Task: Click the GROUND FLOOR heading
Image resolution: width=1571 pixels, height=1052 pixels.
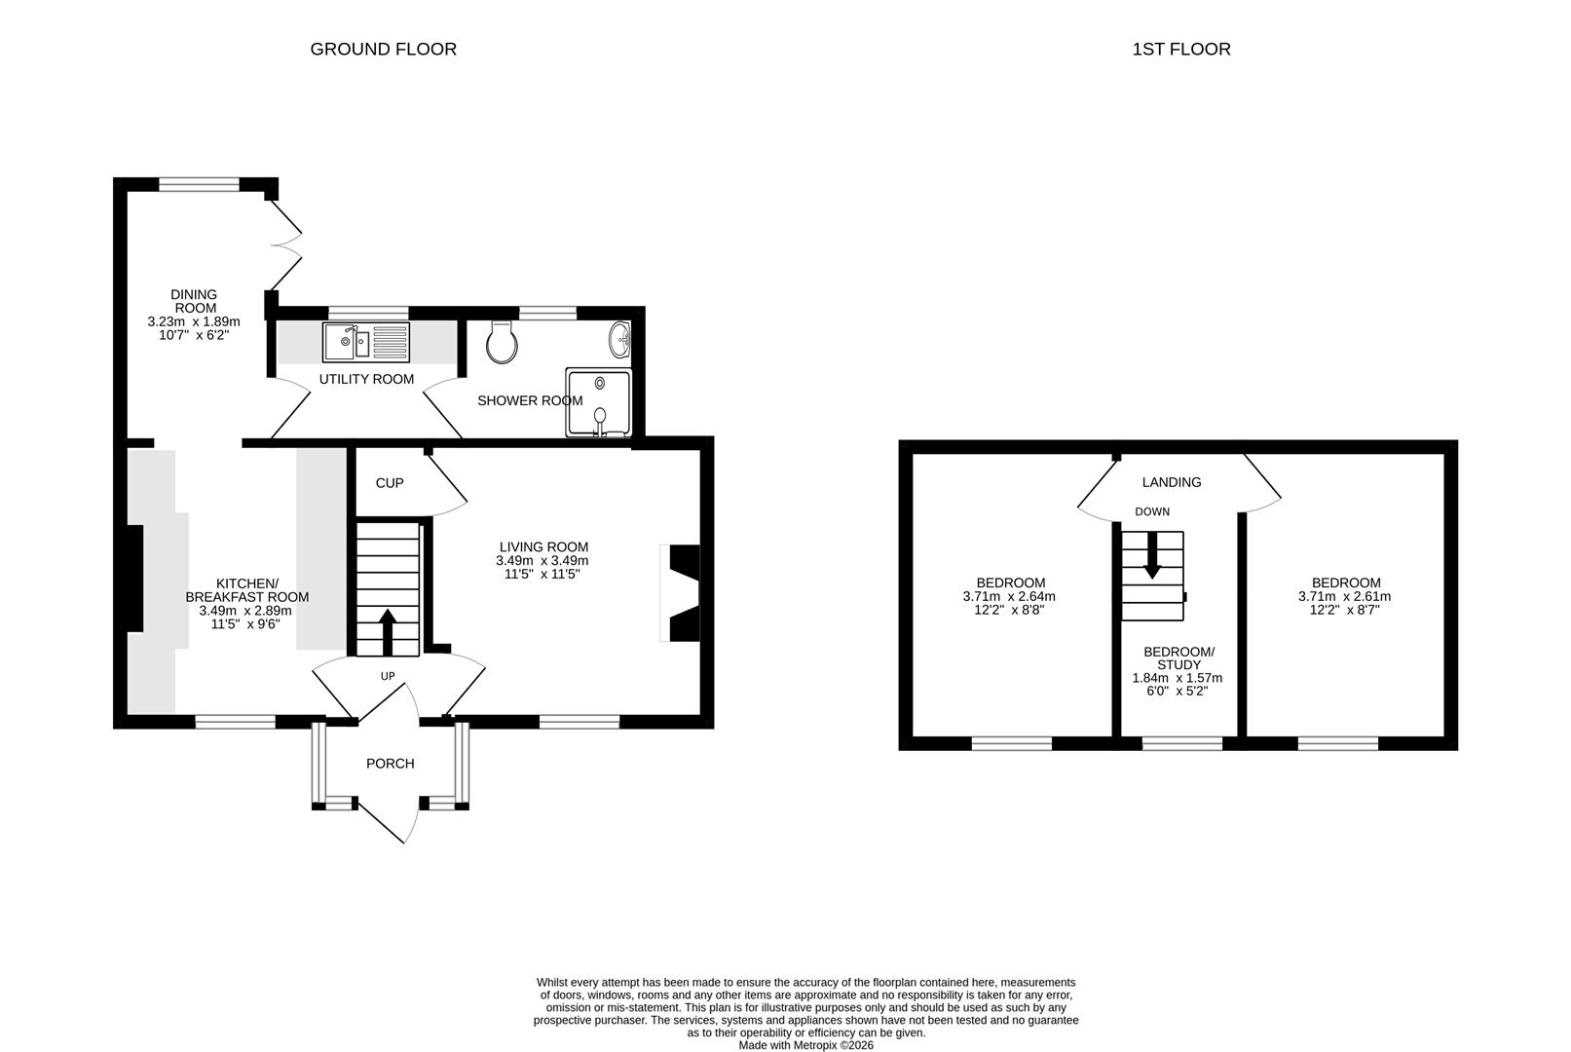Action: pyautogui.click(x=383, y=49)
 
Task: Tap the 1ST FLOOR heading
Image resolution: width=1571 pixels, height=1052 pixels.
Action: pyautogui.click(x=1181, y=49)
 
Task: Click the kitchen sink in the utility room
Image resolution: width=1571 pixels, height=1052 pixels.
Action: pyautogui.click(x=365, y=342)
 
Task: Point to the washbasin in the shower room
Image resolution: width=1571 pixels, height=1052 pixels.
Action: pyautogui.click(x=620, y=339)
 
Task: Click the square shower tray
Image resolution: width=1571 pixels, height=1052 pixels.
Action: pyautogui.click(x=599, y=402)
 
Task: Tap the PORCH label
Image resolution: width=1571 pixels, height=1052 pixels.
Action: pyautogui.click(x=390, y=763)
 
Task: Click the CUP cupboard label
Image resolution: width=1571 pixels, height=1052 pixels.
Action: pyautogui.click(x=390, y=482)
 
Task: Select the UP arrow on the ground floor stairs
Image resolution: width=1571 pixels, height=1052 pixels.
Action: pyautogui.click(x=387, y=632)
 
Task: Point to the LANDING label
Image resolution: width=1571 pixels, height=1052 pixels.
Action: pyautogui.click(x=1172, y=482)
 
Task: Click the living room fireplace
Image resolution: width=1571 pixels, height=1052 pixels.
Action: pyautogui.click(x=680, y=593)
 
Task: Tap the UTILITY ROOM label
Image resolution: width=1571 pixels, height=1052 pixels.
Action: pyautogui.click(x=366, y=379)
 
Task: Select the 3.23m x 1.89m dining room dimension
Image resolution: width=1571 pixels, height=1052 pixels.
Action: pyautogui.click(x=194, y=321)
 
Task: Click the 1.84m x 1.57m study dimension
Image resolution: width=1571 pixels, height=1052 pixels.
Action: pyautogui.click(x=1178, y=678)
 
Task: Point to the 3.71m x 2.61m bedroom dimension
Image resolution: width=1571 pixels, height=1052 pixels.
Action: pyautogui.click(x=1344, y=597)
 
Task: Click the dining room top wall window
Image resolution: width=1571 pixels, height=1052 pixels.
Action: pyautogui.click(x=200, y=184)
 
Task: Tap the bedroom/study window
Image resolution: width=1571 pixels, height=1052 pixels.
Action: pyautogui.click(x=1182, y=743)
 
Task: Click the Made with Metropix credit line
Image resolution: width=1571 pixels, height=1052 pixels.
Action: pyautogui.click(x=805, y=1045)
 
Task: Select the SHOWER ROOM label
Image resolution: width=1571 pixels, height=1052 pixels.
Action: pyautogui.click(x=530, y=400)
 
